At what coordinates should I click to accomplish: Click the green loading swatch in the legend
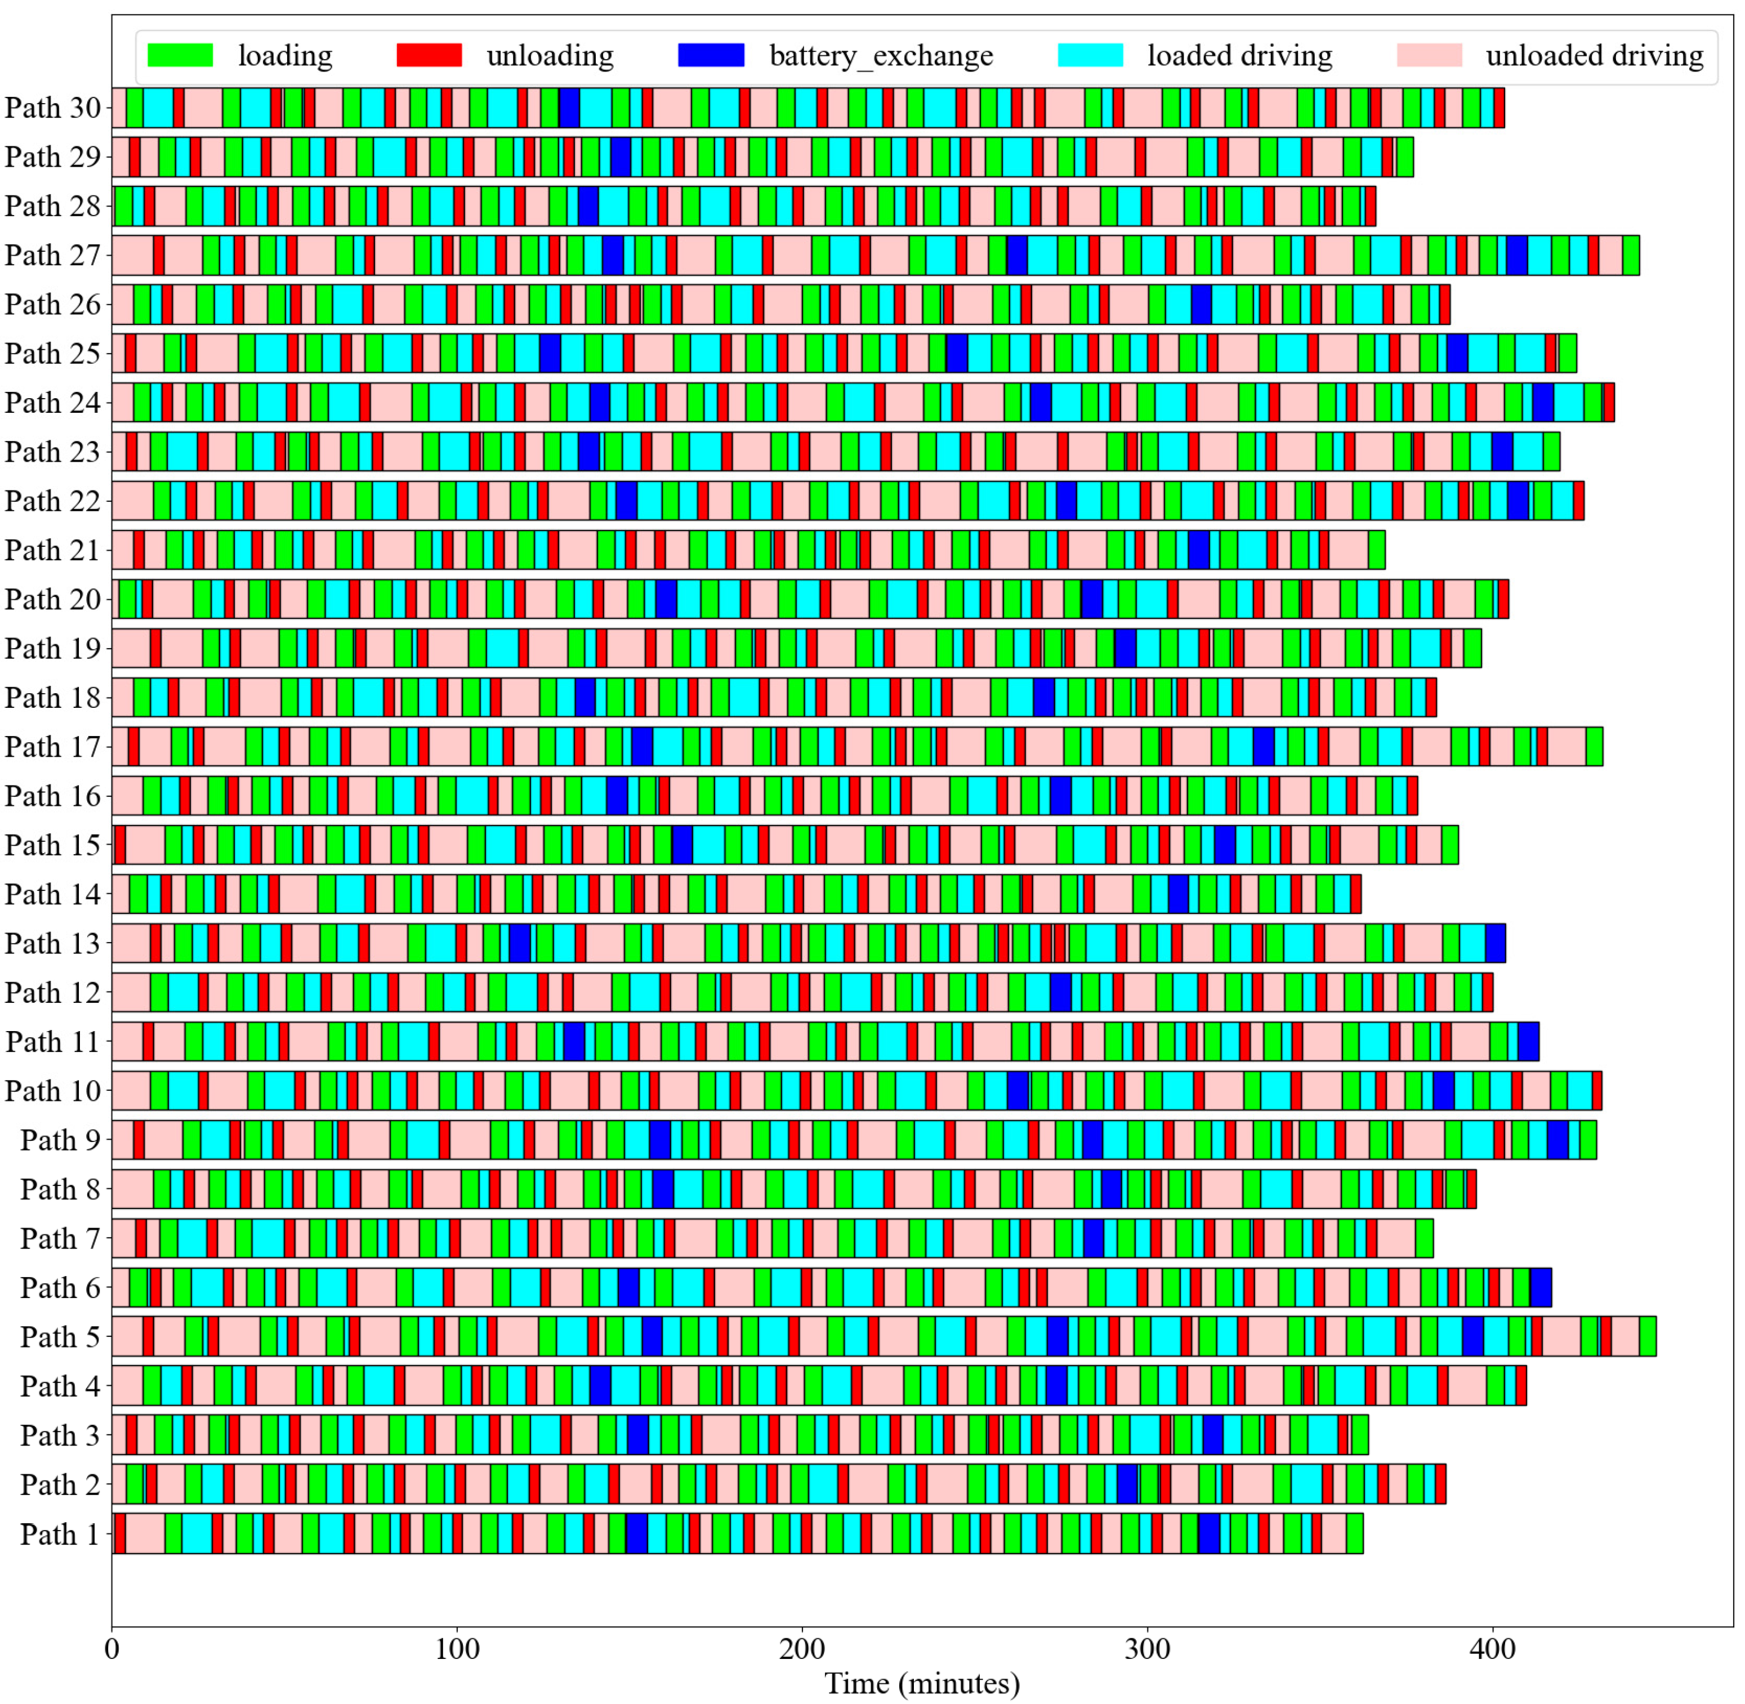coord(180,56)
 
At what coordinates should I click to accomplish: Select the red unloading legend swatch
coord(430,56)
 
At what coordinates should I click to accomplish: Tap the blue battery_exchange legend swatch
coord(711,56)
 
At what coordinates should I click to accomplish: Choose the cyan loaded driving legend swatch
coord(1090,56)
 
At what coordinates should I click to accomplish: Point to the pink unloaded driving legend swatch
coord(1429,56)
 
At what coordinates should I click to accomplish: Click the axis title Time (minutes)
coord(922,1683)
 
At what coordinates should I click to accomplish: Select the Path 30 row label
coord(53,108)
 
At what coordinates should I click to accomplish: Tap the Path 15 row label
coord(53,845)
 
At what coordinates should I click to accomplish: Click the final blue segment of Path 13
coord(1496,943)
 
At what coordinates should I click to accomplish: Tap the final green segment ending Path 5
coord(1648,1337)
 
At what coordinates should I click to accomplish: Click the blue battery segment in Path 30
coord(569,108)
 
